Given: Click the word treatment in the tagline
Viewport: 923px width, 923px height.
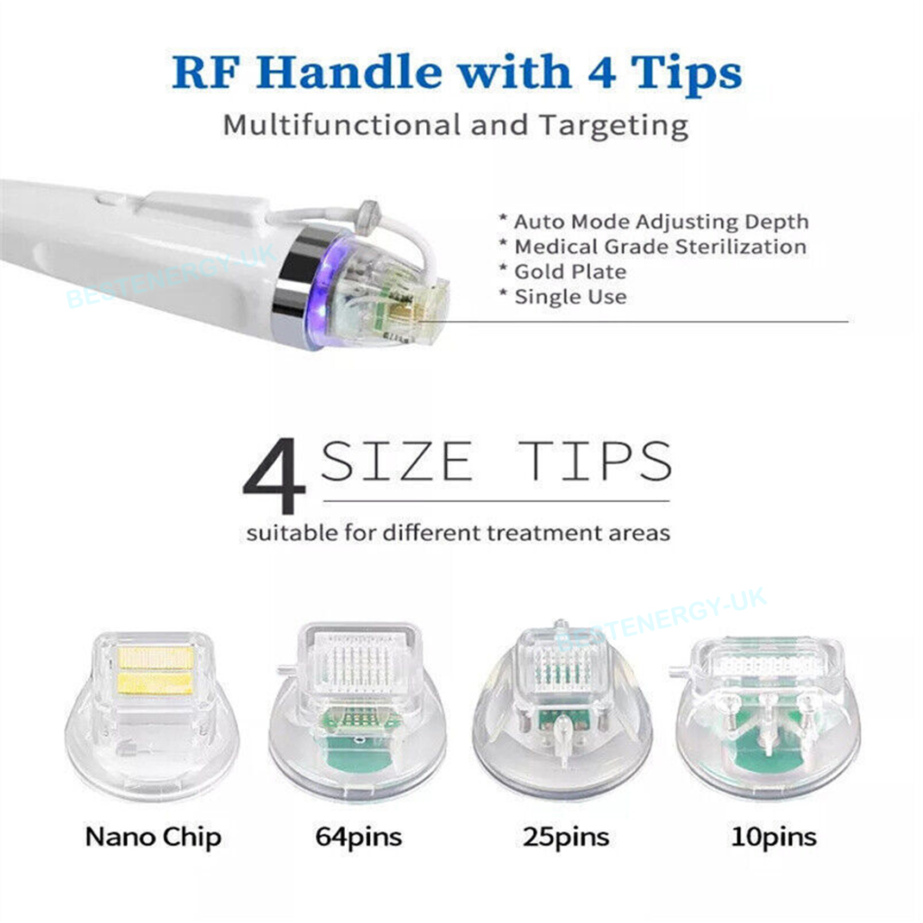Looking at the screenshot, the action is click(532, 533).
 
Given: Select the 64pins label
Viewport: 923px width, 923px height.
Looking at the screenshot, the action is click(359, 838).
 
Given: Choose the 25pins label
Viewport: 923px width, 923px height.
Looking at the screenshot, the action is click(566, 838).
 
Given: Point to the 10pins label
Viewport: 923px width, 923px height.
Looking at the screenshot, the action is click(774, 838).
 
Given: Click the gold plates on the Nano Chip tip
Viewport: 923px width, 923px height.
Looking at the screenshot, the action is click(155, 670).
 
